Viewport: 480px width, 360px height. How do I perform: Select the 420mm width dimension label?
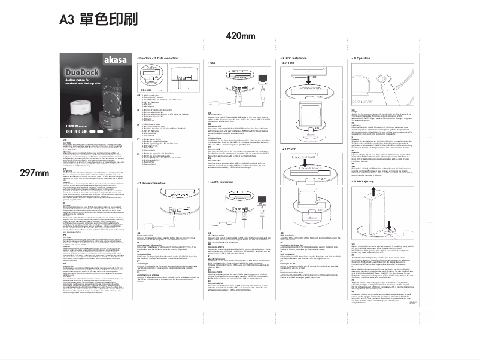[x=241, y=37]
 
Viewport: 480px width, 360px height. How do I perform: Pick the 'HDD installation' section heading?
[x=295, y=58]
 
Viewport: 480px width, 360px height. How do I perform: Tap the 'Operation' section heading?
[x=362, y=58]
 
